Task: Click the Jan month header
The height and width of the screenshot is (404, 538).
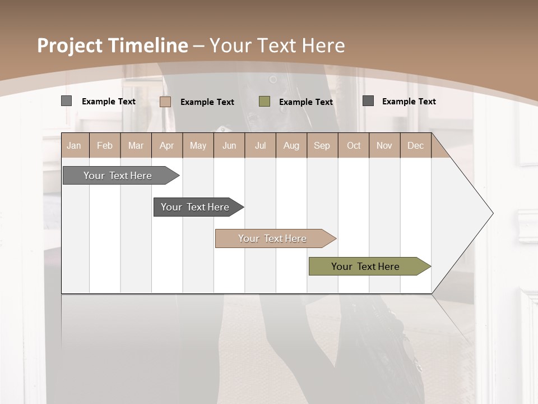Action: point(75,145)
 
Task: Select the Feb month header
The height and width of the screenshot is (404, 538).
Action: point(105,145)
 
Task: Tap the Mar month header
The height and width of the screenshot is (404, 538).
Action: point(136,145)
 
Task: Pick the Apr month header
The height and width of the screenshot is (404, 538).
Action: point(167,145)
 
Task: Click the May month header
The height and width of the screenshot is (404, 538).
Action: point(198,145)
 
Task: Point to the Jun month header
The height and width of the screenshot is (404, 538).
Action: point(229,145)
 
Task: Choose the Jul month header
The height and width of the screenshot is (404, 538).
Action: point(260,145)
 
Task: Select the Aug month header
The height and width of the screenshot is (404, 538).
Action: point(291,145)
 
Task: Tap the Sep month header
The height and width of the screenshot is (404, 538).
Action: point(322,145)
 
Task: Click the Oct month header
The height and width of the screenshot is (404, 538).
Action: point(354,145)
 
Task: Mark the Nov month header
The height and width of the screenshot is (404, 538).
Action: point(384,145)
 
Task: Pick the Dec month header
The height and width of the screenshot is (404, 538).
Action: point(416,145)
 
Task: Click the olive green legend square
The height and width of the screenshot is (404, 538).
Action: point(265,102)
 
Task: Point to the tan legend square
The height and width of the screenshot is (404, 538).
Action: point(165,102)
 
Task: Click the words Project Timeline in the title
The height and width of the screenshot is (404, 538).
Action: point(113,45)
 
